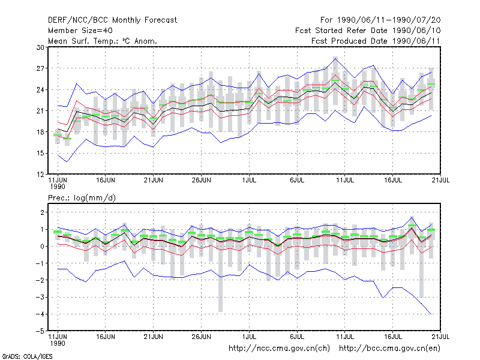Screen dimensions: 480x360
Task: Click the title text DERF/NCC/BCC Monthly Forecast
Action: pos(112,20)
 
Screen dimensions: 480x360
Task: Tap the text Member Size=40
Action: pos(80,31)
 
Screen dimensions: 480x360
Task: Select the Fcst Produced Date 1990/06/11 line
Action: pos(376,41)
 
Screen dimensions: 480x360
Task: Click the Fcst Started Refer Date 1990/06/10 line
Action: pos(368,31)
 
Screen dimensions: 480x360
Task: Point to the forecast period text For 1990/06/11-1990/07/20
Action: pos(380,20)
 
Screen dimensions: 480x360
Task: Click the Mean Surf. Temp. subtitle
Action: pos(103,41)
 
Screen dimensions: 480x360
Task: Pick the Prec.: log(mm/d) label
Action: pos(82,198)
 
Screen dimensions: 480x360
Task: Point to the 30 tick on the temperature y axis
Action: pos(40,47)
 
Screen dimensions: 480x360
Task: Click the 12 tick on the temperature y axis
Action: pos(40,175)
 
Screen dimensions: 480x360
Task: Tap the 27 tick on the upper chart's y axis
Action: pos(40,68)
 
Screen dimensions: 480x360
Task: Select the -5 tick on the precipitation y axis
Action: pos(40,331)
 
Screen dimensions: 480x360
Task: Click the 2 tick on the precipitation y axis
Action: pos(42,212)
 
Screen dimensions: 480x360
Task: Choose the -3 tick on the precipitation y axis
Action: pos(40,297)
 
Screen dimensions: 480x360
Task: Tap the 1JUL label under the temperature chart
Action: pos(249,181)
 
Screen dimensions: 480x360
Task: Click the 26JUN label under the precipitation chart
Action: pos(201,337)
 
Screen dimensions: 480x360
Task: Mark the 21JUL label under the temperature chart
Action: pos(440,181)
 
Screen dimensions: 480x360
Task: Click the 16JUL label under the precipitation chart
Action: pos(393,337)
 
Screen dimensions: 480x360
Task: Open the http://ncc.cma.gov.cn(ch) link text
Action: pos(279,349)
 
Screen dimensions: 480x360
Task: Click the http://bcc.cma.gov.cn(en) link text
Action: pos(389,349)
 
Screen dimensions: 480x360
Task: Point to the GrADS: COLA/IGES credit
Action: pos(27,356)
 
